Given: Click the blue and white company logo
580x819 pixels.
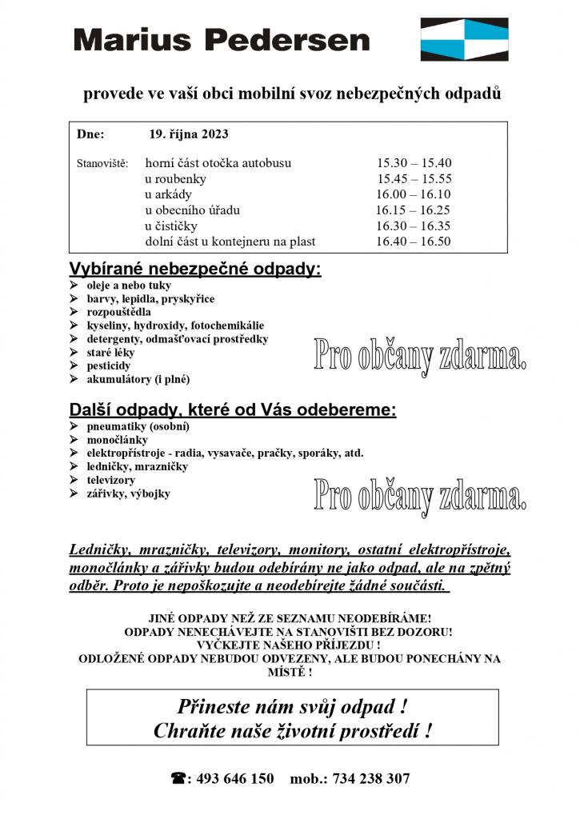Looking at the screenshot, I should pyautogui.click(x=464, y=39).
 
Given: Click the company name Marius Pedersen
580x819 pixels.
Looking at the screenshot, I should pyautogui.click(x=222, y=39).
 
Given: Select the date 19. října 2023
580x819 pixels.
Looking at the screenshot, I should pyautogui.click(x=188, y=134).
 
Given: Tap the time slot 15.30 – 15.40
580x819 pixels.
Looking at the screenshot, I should pyautogui.click(x=414, y=163).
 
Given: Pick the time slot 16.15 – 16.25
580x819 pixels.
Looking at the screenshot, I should pyautogui.click(x=414, y=210).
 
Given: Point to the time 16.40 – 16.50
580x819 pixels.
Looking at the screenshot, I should pyautogui.click(x=414, y=242).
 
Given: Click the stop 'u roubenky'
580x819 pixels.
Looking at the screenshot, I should pyautogui.click(x=175, y=179).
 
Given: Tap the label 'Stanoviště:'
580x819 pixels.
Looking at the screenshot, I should pyautogui.click(x=102, y=164).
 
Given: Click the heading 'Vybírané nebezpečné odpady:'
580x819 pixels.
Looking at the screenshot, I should pyautogui.click(x=195, y=269).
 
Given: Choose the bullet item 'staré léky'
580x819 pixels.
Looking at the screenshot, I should pyautogui.click(x=110, y=352).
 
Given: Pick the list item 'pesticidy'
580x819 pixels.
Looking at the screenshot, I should pyautogui.click(x=109, y=366).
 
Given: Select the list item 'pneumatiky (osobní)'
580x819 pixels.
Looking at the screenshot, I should pyautogui.click(x=138, y=426).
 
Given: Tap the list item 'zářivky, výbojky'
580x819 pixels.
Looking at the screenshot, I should pyautogui.click(x=128, y=493).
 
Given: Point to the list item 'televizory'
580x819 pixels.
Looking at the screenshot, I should pyautogui.click(x=111, y=480).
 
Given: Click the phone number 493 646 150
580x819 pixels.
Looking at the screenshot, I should pyautogui.click(x=234, y=778).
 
